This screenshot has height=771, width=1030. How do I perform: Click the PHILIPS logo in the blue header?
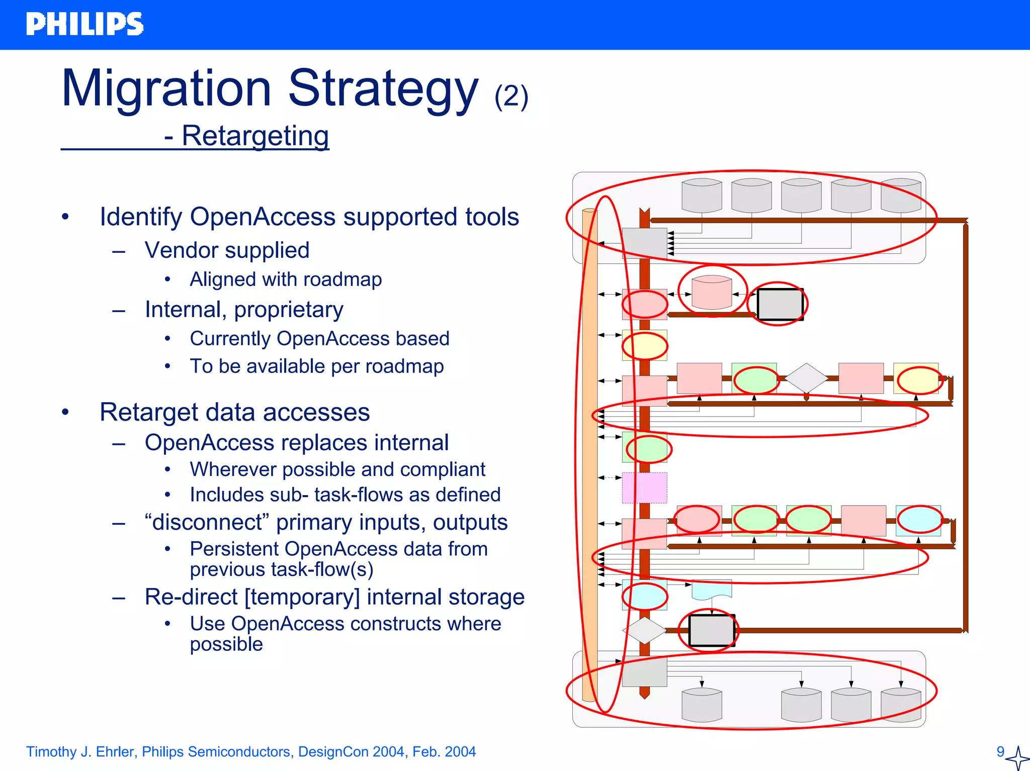point(84,24)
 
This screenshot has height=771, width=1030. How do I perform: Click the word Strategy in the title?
point(382,89)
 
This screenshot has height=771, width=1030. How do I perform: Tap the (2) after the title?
point(511,97)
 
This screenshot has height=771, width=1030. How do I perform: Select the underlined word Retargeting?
point(255,136)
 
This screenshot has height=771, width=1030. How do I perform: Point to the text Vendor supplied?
point(227,250)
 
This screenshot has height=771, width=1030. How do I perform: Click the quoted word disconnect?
point(207,523)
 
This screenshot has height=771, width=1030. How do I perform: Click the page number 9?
point(1000,751)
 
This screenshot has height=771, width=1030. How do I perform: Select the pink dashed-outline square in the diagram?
point(644,488)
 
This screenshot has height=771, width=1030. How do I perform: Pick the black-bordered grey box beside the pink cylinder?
point(780,304)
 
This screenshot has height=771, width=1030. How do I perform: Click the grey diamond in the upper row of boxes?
point(806,377)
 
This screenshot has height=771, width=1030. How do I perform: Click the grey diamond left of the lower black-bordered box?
point(644,630)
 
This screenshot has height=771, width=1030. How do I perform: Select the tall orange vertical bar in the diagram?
point(589,452)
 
